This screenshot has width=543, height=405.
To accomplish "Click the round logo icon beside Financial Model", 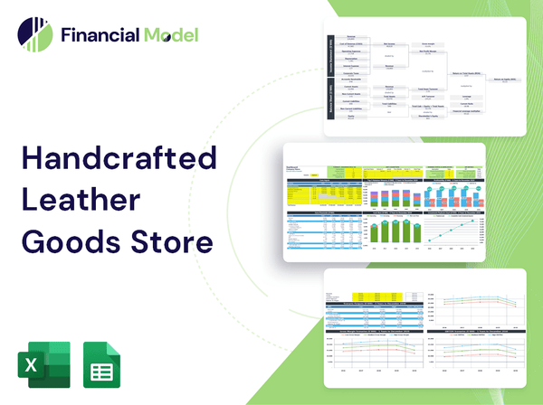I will pos(34,35).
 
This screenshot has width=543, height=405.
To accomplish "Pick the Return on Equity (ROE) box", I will pos(507,80).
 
